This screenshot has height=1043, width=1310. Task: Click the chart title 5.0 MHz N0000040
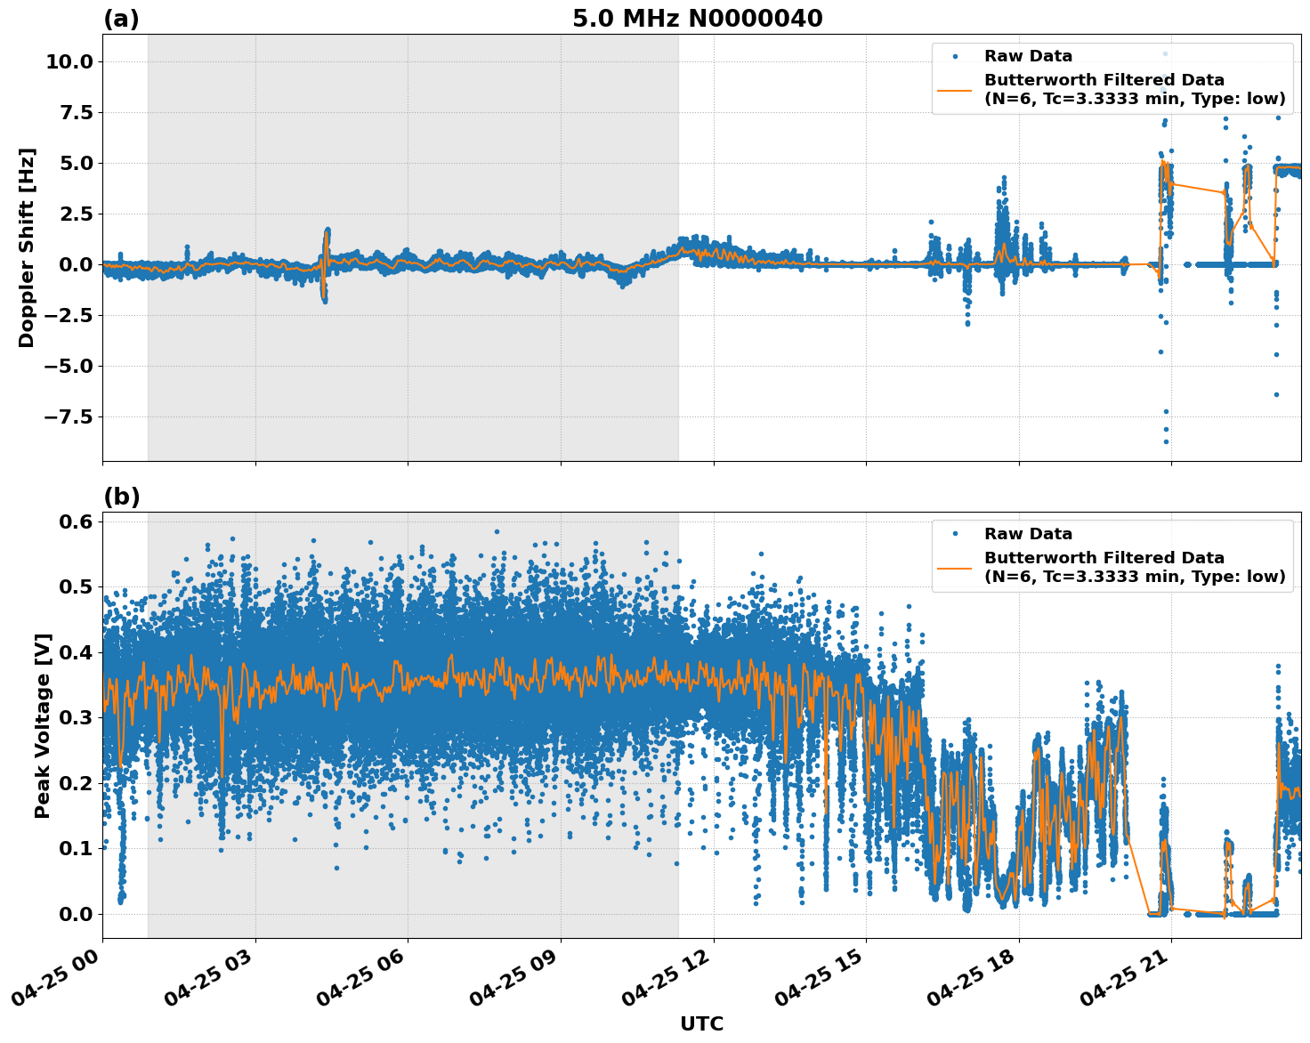coord(697,19)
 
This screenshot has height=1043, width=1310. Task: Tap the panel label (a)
coord(121,19)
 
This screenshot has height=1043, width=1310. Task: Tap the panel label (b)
coord(121,497)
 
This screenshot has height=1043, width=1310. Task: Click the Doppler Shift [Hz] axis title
coord(27,247)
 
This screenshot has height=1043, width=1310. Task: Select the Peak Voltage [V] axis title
coord(42,725)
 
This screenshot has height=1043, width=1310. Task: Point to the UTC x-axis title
coord(701,1023)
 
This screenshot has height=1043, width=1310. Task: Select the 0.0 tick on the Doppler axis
coord(75,264)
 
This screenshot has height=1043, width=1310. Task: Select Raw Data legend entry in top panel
coord(1028,56)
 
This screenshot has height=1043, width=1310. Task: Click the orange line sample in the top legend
coord(954,89)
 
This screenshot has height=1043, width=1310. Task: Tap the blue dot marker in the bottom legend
coord(954,534)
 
